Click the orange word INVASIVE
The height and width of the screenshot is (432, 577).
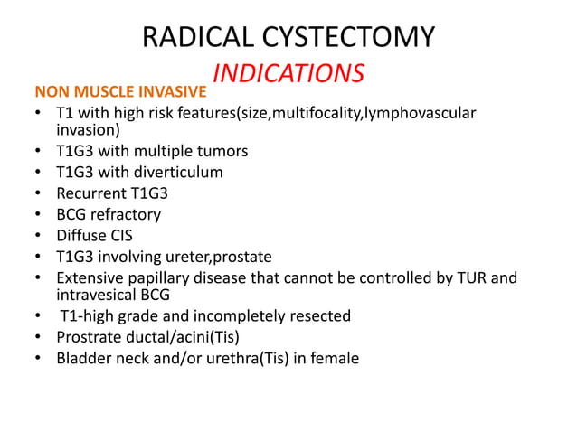(x=174, y=92)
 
